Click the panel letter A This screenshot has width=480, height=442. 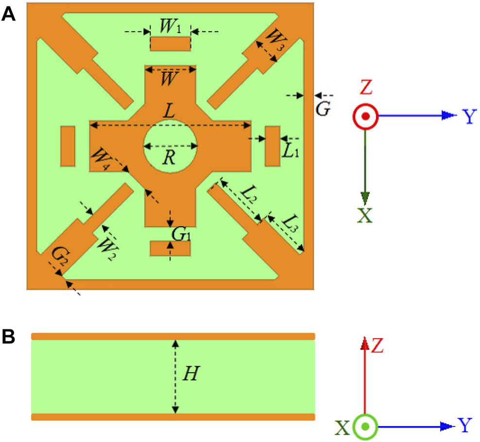tap(9, 15)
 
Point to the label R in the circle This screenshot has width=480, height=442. tap(169, 158)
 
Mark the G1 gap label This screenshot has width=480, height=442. tap(181, 234)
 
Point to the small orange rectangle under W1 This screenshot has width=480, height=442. tap(170, 44)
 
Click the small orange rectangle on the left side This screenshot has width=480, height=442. tap(68, 146)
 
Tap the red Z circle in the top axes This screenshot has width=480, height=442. tap(365, 117)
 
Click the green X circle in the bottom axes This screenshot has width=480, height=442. tap(365, 427)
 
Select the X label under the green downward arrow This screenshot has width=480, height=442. tap(365, 214)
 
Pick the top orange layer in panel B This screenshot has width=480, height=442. tap(173, 336)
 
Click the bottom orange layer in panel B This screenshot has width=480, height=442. tap(173, 417)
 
